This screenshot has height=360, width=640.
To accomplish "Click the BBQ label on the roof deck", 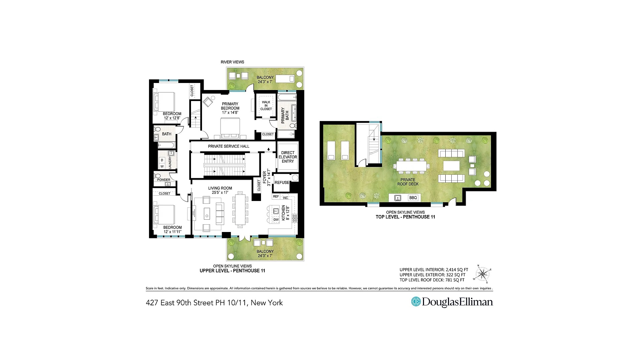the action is click(x=413, y=198).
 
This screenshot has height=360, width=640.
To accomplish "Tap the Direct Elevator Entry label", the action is click(x=288, y=157).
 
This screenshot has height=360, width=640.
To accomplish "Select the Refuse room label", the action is click(x=282, y=183).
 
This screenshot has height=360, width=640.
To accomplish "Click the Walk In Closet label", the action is click(x=266, y=106).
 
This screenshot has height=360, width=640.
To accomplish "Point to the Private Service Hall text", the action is click(x=229, y=146).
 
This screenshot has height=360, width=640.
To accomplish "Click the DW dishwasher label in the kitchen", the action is click(x=276, y=220).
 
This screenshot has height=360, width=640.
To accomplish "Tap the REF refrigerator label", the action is click(x=276, y=197).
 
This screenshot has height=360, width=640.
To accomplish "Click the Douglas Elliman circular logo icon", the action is click(x=416, y=302).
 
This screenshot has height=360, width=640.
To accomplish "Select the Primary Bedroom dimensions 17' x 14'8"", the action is click(x=230, y=113).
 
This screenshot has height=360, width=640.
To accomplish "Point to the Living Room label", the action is click(x=220, y=188).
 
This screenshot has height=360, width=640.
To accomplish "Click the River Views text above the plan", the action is click(x=232, y=62).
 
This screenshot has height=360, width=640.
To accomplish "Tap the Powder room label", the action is click(x=164, y=180).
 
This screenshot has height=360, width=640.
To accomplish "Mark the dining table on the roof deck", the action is click(x=412, y=166).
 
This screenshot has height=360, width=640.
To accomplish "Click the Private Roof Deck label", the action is click(x=408, y=182).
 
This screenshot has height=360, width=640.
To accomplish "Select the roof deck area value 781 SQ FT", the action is click(x=455, y=280).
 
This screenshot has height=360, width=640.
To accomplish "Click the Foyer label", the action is click(x=265, y=177).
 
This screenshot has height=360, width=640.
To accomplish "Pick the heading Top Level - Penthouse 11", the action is click(x=405, y=217).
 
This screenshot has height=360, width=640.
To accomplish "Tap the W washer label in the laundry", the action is click(x=162, y=166).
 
